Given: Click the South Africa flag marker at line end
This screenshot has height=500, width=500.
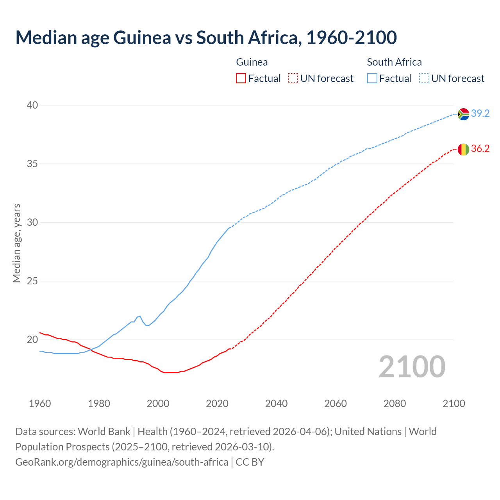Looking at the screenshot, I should pyautogui.click(x=463, y=114).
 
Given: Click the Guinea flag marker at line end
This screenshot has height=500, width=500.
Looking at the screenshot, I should pyautogui.click(x=463, y=149).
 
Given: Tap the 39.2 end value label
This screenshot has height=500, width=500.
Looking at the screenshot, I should pyautogui.click(x=480, y=113).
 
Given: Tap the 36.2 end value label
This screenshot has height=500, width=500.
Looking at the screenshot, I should pyautogui.click(x=480, y=148).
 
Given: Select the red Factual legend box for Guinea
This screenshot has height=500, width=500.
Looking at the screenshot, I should pyautogui.click(x=241, y=79).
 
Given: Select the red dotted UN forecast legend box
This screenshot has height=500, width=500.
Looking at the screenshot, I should pyautogui.click(x=293, y=79).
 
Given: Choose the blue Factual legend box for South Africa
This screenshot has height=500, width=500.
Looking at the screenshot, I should pyautogui.click(x=372, y=79).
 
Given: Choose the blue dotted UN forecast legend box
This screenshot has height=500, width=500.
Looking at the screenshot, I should pyautogui.click(x=424, y=79).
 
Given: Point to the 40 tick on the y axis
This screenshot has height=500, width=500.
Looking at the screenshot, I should pyautogui.click(x=32, y=105).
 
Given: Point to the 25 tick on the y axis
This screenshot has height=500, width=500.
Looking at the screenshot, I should pyautogui.click(x=32, y=281).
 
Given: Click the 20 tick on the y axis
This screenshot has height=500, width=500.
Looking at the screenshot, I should pyautogui.click(x=32, y=339).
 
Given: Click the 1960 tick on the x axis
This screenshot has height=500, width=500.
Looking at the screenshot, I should pyautogui.click(x=40, y=404).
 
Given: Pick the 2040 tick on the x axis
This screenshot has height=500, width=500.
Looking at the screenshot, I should pyautogui.click(x=276, y=404).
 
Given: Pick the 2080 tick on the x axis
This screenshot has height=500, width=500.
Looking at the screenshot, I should pyautogui.click(x=395, y=404).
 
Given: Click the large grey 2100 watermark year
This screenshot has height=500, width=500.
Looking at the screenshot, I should pyautogui.click(x=412, y=366).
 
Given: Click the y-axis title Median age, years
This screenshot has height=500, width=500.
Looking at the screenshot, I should pyautogui.click(x=16, y=243).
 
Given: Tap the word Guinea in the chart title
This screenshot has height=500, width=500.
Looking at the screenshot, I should pyautogui.click(x=142, y=37).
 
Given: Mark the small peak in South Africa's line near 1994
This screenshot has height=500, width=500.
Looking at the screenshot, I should pyautogui.click(x=139, y=316).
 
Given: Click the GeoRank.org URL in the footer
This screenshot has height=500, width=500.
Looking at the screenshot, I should pyautogui.click(x=121, y=462).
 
